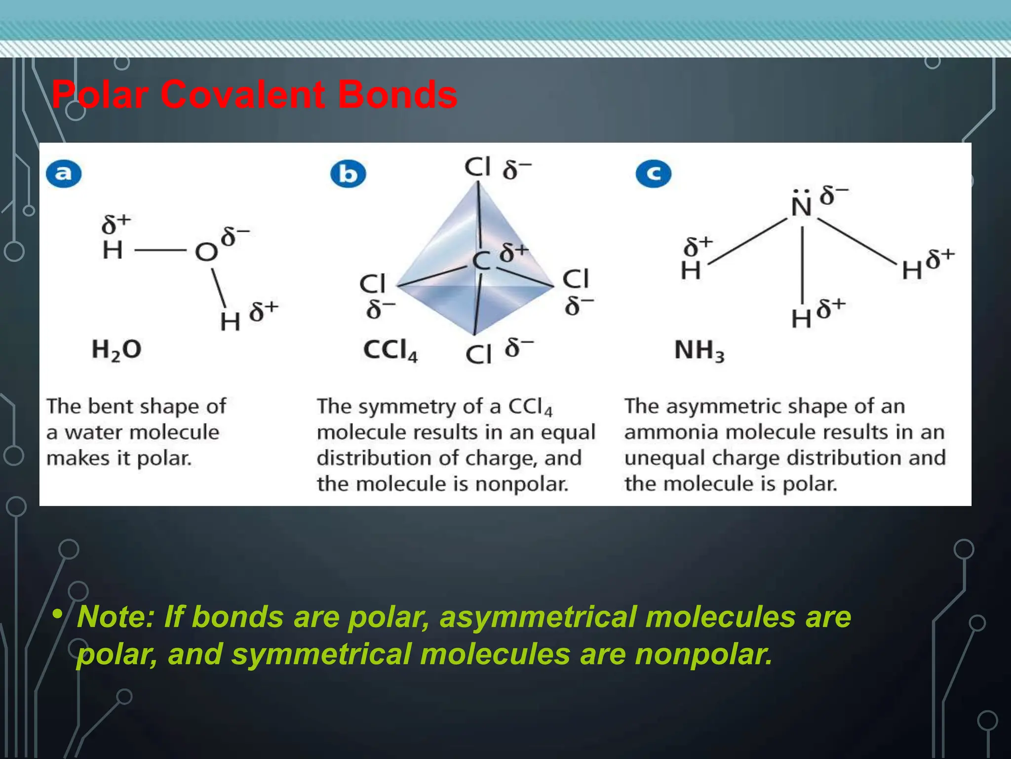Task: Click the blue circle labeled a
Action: click(64, 173)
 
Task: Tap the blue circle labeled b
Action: click(348, 174)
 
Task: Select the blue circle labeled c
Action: click(654, 174)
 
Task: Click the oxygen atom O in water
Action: click(206, 252)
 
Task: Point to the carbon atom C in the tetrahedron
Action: click(481, 261)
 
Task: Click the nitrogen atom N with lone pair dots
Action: click(801, 206)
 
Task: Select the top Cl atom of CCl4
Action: click(477, 167)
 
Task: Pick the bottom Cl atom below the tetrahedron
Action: click(478, 354)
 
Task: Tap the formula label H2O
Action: click(117, 350)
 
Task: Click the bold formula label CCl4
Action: click(390, 350)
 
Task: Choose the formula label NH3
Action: click(699, 351)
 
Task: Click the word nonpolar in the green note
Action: click(703, 654)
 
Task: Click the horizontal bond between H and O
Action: click(160, 251)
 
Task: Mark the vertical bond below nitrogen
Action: click(802, 264)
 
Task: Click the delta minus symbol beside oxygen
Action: click(234, 237)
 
